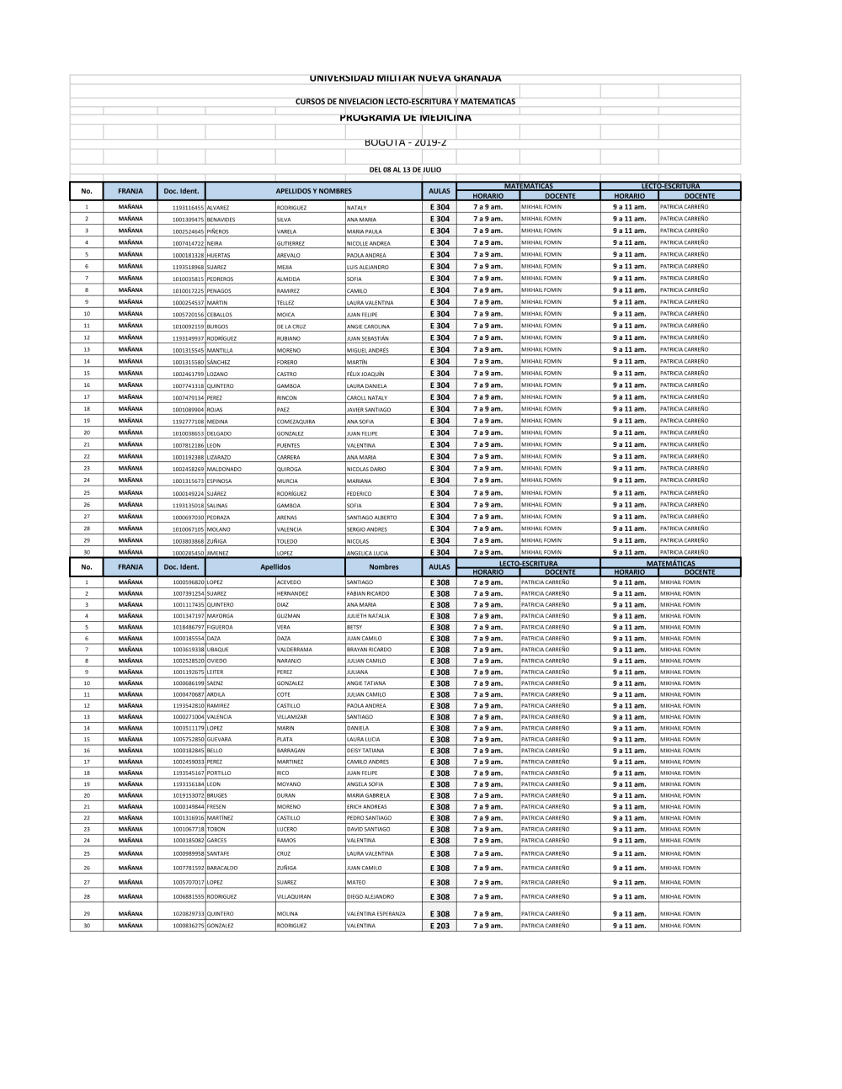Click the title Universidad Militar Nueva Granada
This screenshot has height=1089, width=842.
(405, 78)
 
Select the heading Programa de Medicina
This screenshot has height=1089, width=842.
(405, 118)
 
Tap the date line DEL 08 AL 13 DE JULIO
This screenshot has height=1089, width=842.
(405, 169)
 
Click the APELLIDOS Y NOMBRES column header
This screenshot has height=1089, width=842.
(313, 191)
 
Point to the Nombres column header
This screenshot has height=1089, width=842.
(383, 567)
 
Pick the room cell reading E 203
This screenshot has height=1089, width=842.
(440, 926)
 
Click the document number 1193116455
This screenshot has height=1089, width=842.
(188, 207)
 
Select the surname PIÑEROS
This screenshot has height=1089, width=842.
(217, 231)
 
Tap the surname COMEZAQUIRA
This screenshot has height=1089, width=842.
(296, 422)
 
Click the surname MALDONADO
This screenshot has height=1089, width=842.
(224, 470)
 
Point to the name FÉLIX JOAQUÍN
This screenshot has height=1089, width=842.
(365, 374)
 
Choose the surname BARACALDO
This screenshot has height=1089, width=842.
(222, 868)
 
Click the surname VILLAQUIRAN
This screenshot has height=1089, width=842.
(293, 897)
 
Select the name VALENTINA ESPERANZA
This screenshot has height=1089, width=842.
(376, 913)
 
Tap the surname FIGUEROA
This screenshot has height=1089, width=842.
(220, 627)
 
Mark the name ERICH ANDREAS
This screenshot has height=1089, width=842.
(367, 806)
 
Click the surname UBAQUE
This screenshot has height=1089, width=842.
(217, 650)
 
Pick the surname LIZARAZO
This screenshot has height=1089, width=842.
(218, 457)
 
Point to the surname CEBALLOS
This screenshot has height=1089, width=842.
(219, 315)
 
